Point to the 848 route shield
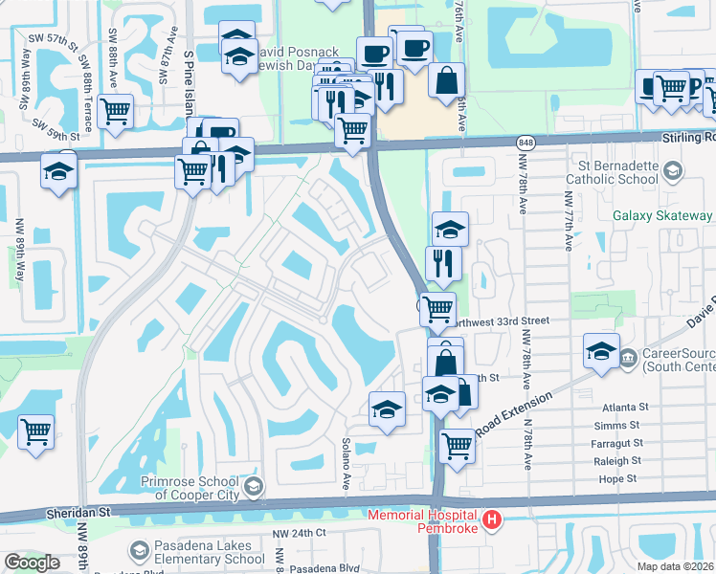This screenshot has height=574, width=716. tap(528, 142)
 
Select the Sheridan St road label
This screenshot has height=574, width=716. tap(78, 513)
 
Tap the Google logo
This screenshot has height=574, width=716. tap(32, 563)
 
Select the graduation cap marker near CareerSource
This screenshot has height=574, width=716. tap(601, 352)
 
